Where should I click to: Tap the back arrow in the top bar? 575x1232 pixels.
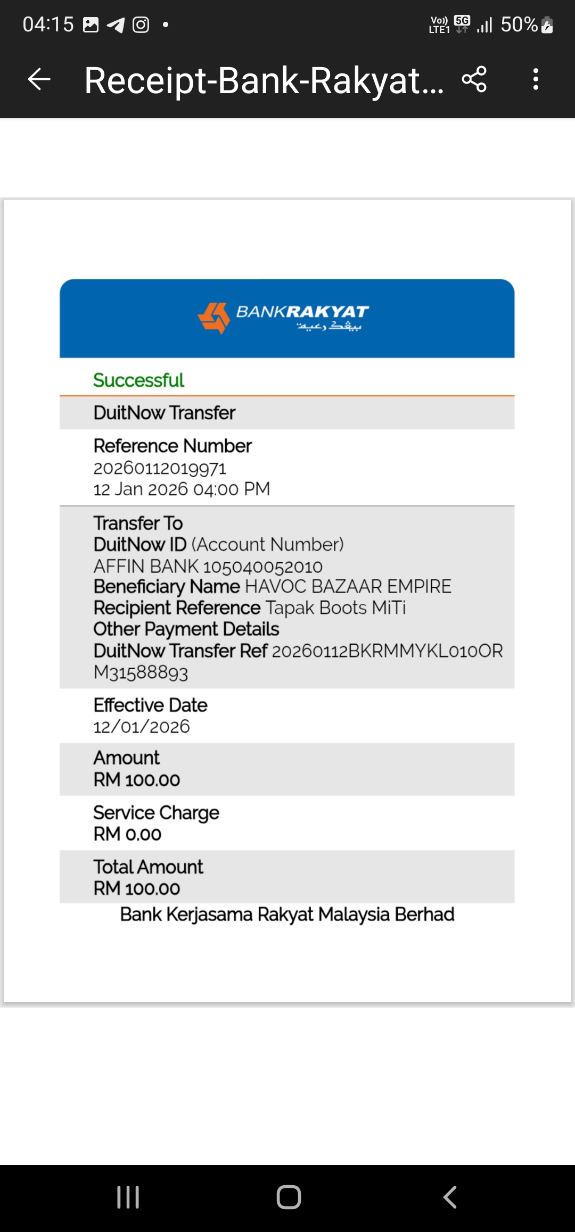(x=39, y=80)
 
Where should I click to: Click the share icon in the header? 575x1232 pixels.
(x=474, y=80)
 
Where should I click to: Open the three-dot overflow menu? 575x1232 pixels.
(x=536, y=80)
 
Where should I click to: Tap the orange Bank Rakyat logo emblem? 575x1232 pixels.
(x=213, y=318)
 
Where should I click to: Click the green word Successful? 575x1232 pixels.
(x=138, y=380)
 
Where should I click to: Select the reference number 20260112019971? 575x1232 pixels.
(x=160, y=469)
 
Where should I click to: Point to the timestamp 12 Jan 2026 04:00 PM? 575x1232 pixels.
(x=182, y=489)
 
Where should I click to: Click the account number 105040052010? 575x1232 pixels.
(x=262, y=567)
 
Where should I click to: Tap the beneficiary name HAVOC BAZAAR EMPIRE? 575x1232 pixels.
(x=348, y=587)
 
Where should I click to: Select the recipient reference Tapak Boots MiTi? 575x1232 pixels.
(x=335, y=608)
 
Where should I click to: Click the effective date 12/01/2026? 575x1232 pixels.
(x=142, y=727)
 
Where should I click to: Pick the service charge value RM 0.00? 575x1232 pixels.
(x=127, y=835)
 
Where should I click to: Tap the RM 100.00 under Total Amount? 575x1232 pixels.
(x=137, y=889)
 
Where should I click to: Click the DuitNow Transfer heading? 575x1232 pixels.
(x=164, y=413)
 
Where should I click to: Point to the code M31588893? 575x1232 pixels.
(x=141, y=673)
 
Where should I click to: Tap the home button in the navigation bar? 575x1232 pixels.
(x=289, y=1197)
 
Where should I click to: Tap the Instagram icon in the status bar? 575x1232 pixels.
(x=141, y=24)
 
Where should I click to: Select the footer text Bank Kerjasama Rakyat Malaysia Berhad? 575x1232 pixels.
(x=287, y=915)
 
